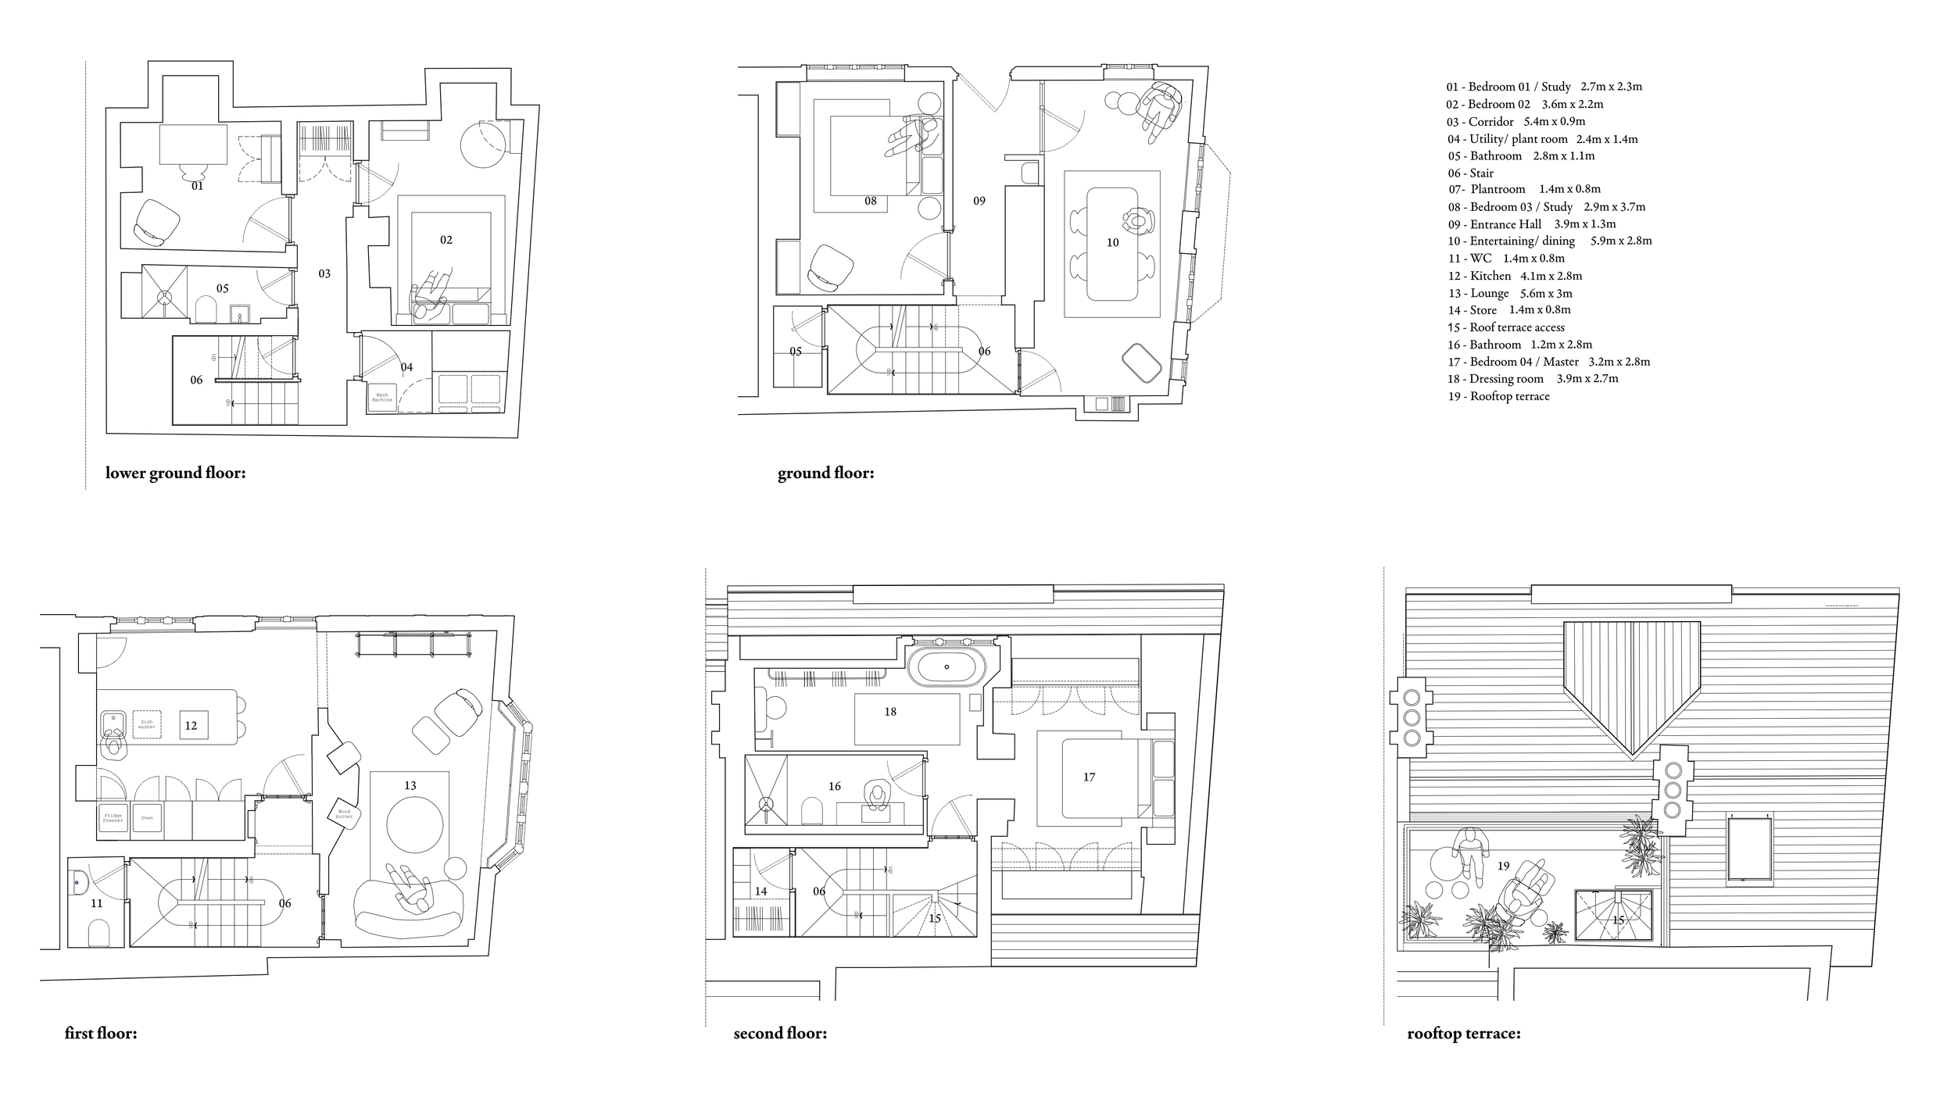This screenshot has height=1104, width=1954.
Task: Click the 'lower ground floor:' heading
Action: pyautogui.click(x=176, y=473)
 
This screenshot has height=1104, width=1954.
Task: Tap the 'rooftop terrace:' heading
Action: pyautogui.click(x=1464, y=1034)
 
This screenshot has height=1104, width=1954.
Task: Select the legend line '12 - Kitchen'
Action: pyautogui.click(x=1515, y=276)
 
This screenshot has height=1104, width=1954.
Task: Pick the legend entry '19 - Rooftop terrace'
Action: pyautogui.click(x=1498, y=396)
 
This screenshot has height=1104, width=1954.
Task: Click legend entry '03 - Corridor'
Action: pyautogui.click(x=1516, y=121)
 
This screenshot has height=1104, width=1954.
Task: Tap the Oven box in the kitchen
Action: pyautogui.click(x=147, y=818)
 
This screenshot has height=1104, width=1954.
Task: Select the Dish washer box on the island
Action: pyautogui.click(x=146, y=725)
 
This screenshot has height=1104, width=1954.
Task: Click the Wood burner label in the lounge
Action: pyautogui.click(x=344, y=814)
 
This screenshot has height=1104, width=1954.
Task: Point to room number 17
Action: pyautogui.click(x=1089, y=777)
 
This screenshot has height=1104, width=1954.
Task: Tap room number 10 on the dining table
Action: pyautogui.click(x=1112, y=242)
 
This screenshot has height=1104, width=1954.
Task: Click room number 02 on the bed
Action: pyautogui.click(x=446, y=240)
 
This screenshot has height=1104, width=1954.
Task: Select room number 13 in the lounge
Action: pyautogui.click(x=410, y=785)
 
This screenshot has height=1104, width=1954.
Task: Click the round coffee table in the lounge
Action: pyautogui.click(x=416, y=824)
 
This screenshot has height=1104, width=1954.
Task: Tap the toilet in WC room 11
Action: pyautogui.click(x=98, y=932)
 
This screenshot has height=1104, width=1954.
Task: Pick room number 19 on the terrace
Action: pyautogui.click(x=1503, y=866)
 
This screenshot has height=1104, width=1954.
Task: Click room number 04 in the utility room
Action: pyautogui.click(x=406, y=367)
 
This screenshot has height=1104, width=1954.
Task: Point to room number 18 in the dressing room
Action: pyautogui.click(x=890, y=712)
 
